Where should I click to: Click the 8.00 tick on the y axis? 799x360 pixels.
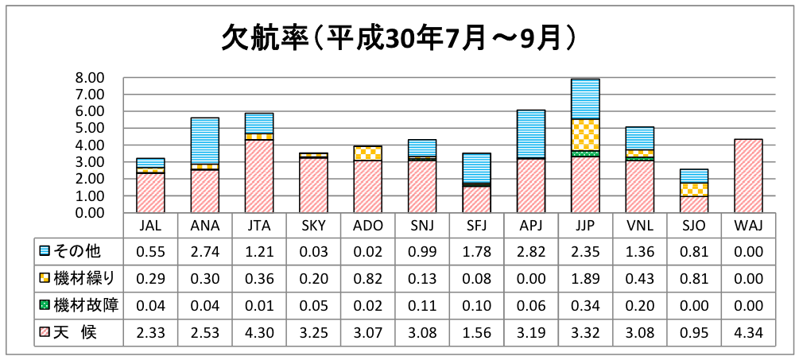tap(90, 78)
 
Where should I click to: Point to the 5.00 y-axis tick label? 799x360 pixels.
tap(90, 128)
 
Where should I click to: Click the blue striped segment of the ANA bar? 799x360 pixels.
tap(204, 141)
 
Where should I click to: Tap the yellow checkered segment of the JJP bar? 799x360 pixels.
tap(585, 134)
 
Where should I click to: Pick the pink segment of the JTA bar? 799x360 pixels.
tap(258, 176)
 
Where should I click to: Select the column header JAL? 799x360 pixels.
tap(150, 225)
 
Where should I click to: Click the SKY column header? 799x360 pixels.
tap(313, 225)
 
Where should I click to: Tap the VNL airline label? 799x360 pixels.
tap(639, 225)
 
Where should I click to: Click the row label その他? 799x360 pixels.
tap(80, 251)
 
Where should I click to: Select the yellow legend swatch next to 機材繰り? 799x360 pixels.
tap(45, 278)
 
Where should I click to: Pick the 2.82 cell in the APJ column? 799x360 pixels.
tap(530, 251)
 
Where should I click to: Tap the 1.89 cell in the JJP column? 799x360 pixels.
tap(585, 278)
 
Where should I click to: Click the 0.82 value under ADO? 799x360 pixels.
tap(367, 278)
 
